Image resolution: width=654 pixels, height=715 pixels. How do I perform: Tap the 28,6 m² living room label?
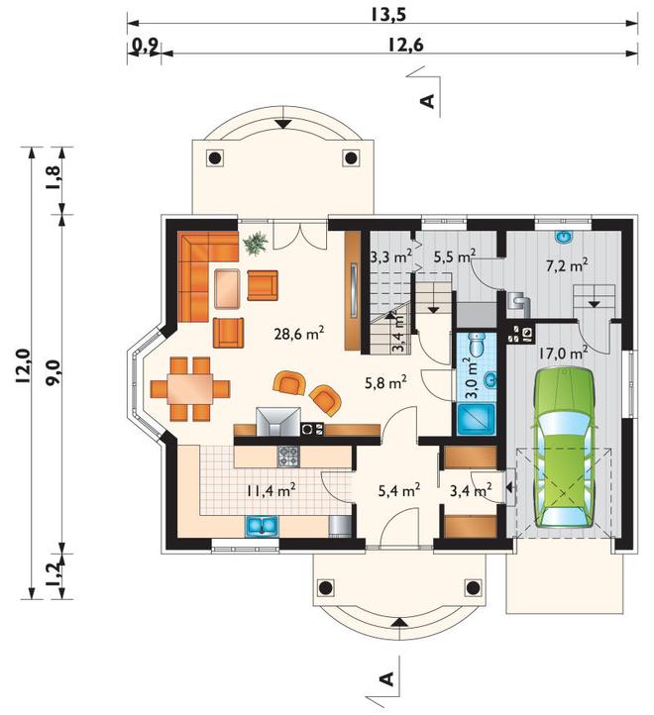click(x=299, y=334)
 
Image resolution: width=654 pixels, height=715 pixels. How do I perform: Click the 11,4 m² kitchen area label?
click(x=272, y=490)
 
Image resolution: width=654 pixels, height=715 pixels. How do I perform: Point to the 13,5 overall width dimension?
click(x=387, y=15)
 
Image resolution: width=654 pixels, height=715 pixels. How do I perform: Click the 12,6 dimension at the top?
click(x=406, y=45)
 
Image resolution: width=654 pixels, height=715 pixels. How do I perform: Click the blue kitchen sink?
click(x=263, y=526)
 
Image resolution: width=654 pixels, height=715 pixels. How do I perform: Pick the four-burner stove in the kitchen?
click(x=289, y=456)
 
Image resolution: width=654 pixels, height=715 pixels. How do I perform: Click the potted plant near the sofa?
click(x=256, y=244)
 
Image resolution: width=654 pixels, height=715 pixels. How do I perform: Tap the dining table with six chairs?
click(x=190, y=389)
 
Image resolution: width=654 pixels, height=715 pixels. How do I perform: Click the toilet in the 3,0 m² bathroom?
click(x=478, y=345)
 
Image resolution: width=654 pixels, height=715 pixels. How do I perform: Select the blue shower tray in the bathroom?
click(x=476, y=418)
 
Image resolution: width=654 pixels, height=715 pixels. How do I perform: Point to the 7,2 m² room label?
click(x=567, y=264)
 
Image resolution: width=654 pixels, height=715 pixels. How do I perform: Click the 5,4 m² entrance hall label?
click(x=399, y=490)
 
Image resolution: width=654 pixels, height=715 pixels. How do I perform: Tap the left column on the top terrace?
click(x=214, y=158)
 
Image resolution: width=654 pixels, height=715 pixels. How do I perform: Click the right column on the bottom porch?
click(x=474, y=588)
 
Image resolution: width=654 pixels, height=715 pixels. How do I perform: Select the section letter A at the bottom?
click(x=387, y=678)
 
